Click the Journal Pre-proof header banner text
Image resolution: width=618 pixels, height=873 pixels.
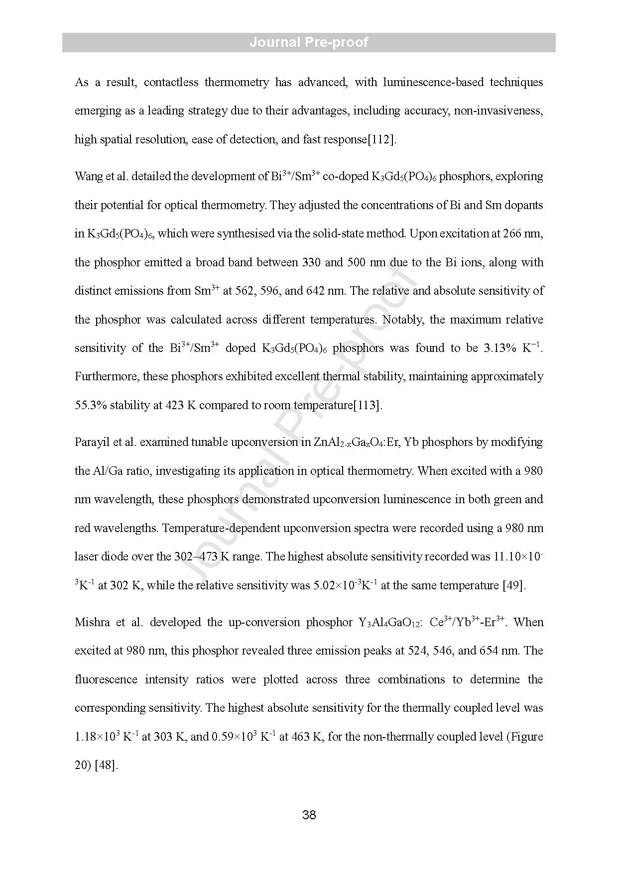[x=309, y=42]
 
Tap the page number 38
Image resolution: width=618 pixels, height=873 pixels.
[x=309, y=815]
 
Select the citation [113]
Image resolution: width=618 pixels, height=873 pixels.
[x=368, y=405]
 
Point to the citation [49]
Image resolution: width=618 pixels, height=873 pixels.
[x=514, y=585]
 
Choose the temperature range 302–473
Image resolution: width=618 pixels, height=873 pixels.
[x=196, y=556]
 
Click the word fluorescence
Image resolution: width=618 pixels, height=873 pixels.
[x=106, y=679]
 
